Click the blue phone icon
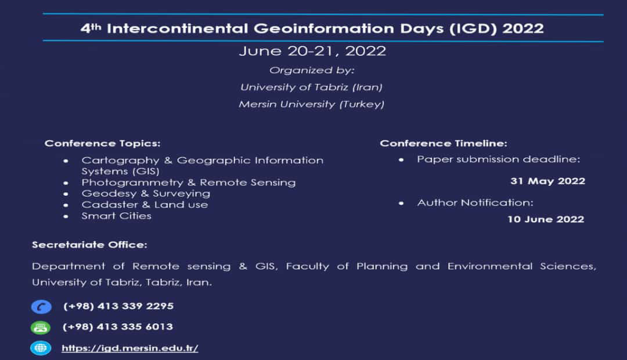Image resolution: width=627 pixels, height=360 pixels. point(41,307)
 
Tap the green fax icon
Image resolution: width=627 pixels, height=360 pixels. point(41,327)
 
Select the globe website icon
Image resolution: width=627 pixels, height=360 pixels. point(41,348)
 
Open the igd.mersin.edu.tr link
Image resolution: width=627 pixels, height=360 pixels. point(130,348)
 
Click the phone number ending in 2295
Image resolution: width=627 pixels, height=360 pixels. point(118,306)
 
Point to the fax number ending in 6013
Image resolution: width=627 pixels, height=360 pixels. point(118,327)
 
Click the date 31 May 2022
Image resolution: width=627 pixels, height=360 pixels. point(548,181)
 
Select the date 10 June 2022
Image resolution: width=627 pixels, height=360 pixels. point(546,219)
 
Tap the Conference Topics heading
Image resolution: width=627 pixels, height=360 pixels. point(102,143)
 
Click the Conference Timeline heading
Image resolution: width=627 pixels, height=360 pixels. point(444,143)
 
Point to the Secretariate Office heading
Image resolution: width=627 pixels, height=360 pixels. point(89,245)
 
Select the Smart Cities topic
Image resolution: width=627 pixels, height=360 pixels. point(116,216)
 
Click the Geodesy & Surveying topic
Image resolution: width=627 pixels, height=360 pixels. point(146,193)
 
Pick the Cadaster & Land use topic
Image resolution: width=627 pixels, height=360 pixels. point(145,205)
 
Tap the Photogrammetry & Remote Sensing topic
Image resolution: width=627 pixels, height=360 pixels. point(188,182)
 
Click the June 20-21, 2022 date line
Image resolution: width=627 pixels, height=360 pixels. point(313,51)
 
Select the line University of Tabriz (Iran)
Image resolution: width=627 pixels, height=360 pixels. point(312,87)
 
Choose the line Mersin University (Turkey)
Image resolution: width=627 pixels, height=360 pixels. point(312,105)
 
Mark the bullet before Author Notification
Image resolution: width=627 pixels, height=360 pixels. point(401,203)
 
